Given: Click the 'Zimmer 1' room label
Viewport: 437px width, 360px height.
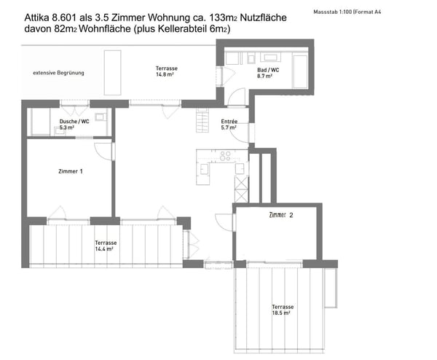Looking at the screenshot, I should point(71,171).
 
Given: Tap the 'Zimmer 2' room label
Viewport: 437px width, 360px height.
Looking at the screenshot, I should point(280,215).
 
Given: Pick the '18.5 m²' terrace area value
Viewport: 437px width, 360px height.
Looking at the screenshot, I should point(283,313).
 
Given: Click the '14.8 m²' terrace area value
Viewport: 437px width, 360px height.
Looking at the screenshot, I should point(166,74).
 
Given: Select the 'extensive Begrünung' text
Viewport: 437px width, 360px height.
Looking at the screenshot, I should point(58,73).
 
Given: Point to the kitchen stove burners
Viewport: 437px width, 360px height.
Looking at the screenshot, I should point(226,155).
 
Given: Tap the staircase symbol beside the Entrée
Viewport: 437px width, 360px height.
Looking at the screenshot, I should point(202,123).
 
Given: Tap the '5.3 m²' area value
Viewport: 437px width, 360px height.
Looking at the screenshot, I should point(69,127).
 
